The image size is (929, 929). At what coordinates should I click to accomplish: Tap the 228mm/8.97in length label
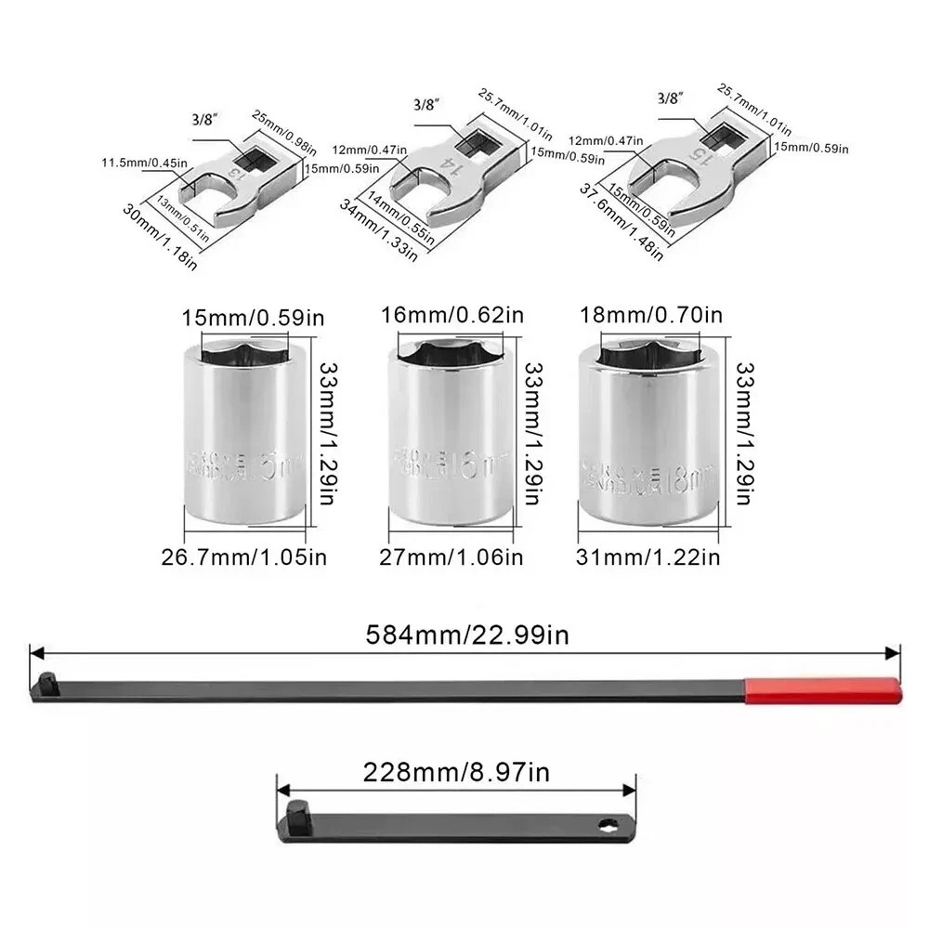(x=457, y=770)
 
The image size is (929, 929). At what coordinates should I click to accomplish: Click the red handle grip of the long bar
(x=821, y=689)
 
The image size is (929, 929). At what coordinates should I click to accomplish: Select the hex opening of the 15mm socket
(x=244, y=351)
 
